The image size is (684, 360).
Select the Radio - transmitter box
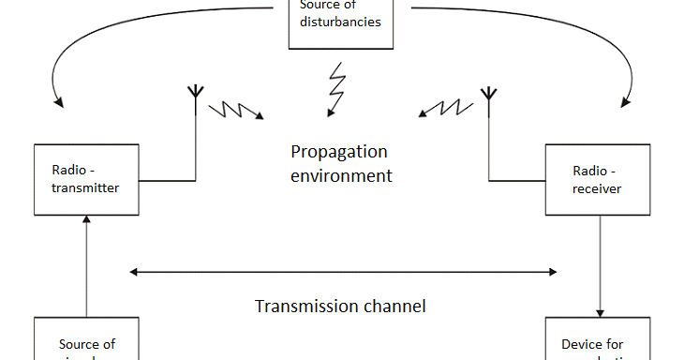click(85, 178)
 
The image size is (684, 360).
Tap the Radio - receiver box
click(599, 178)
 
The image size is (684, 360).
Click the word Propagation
click(338, 152)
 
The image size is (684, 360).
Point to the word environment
click(341, 175)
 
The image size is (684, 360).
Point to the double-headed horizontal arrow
click(343, 272)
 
